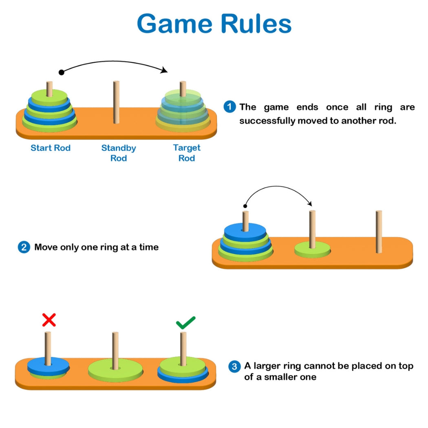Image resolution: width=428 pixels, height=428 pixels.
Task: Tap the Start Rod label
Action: (x=51, y=148)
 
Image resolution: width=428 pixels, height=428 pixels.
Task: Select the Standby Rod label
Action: (x=119, y=153)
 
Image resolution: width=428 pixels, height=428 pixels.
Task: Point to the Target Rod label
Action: (x=187, y=153)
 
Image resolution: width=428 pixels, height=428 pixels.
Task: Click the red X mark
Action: (x=49, y=320)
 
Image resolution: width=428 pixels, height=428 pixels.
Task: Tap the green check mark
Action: (x=185, y=323)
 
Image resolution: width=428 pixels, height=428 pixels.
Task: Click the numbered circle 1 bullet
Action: (x=229, y=107)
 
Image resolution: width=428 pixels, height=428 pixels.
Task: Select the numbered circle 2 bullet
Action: (x=24, y=247)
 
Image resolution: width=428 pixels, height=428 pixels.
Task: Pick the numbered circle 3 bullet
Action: (x=234, y=366)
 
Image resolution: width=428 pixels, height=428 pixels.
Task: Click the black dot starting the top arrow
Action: (x=62, y=73)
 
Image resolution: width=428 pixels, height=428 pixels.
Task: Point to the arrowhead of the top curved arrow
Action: (x=164, y=71)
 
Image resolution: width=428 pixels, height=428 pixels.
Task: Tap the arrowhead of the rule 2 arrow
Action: (x=310, y=203)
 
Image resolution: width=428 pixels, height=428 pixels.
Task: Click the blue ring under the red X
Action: (x=48, y=366)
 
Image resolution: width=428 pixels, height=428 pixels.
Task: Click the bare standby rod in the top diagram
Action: (x=117, y=102)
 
